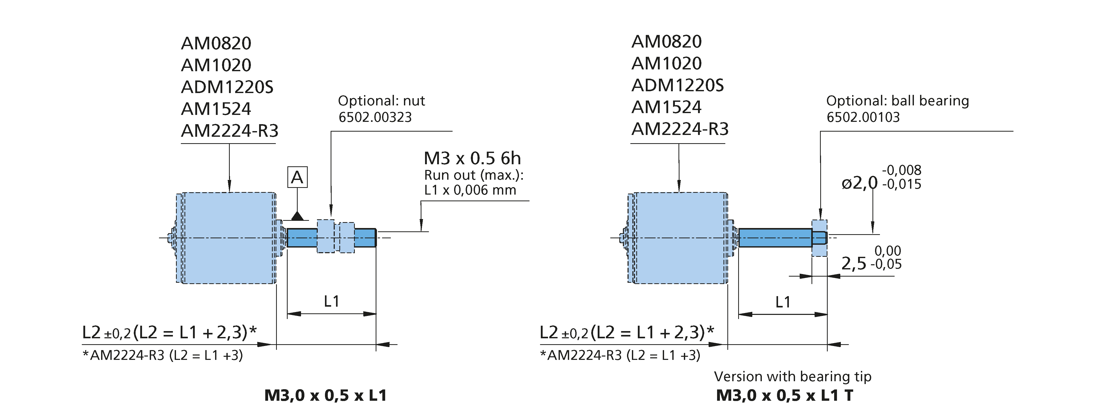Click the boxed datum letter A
tap(297, 177)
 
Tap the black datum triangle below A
tap(297, 216)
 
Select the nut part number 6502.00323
tap(375, 117)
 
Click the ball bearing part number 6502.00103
tap(863, 117)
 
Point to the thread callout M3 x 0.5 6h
tap(472, 158)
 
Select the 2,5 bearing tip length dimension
tap(854, 264)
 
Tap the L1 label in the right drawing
tap(783, 302)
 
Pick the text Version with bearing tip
tap(792, 377)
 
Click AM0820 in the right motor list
tap(666, 42)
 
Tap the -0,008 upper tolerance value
tap(902, 170)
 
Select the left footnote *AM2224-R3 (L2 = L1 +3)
tap(163, 356)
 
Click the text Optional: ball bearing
tap(897, 101)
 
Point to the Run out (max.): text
tap(473, 175)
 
